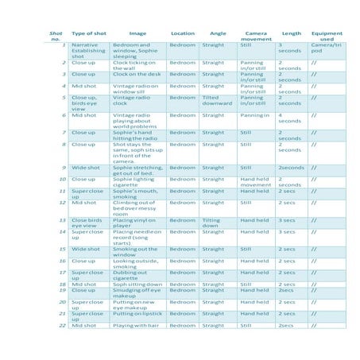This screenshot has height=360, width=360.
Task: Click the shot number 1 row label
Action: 63,45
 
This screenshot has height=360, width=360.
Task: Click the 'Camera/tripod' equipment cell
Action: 324,48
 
